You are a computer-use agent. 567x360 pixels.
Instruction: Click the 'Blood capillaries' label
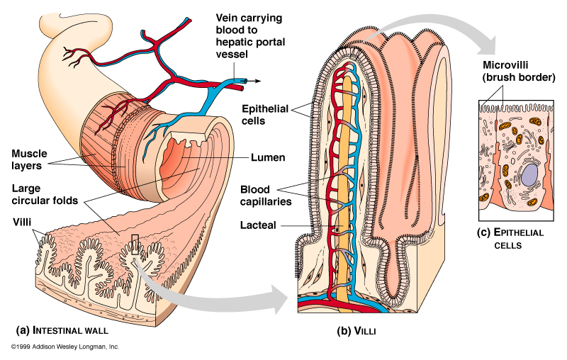[263, 194]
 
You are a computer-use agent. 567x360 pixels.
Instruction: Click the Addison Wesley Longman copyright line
[64, 347]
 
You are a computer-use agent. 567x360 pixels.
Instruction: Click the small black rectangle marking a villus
[135, 244]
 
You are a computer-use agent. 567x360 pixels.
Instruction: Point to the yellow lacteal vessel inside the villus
[345, 177]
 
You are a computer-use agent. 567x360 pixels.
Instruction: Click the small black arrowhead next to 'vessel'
[257, 80]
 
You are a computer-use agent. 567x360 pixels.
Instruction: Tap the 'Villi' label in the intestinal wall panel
[23, 221]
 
